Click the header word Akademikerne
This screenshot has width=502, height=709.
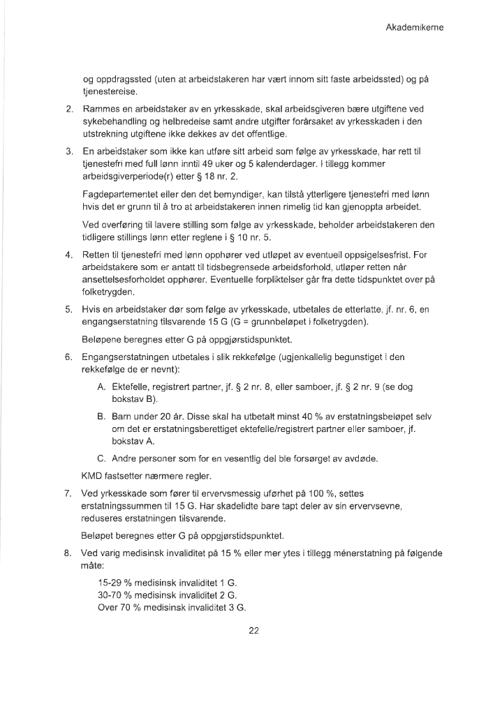point(415,28)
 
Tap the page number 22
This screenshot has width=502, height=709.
point(254,632)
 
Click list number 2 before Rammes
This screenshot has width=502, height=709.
point(69,110)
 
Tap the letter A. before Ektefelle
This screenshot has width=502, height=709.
point(102,386)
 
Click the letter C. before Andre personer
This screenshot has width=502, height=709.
point(102,458)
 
